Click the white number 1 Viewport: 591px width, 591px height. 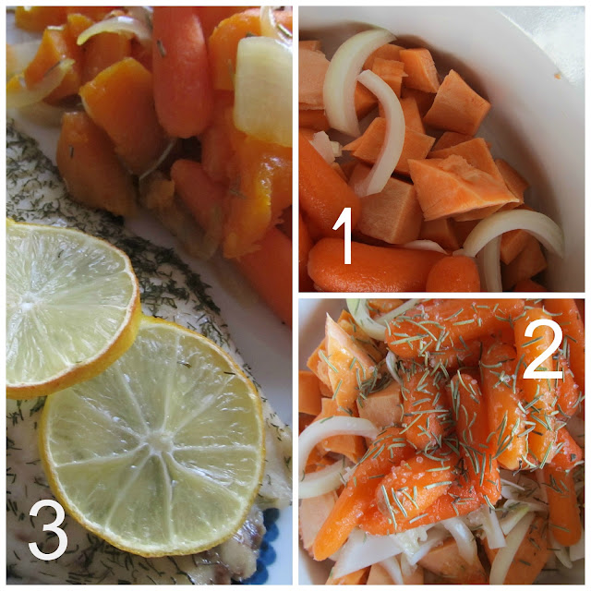point(343,235)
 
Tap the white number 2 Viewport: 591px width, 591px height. point(544,349)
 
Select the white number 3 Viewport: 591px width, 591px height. point(48,530)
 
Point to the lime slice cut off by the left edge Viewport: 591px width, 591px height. point(67,309)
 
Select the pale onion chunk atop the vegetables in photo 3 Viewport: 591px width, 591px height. point(263,90)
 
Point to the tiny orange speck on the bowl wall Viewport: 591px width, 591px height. point(556,76)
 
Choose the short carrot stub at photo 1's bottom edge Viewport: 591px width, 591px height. point(453,274)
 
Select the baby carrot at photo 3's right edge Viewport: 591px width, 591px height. point(270,271)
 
